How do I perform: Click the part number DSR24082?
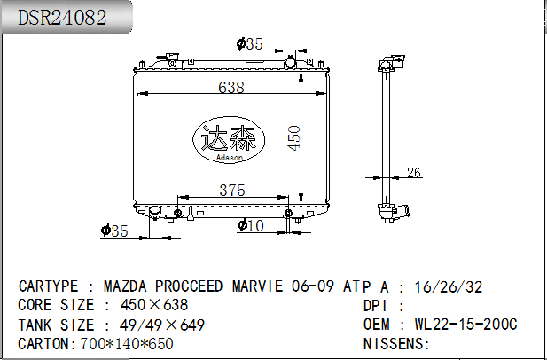pos(62,17)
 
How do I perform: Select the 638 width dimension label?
pos(231,87)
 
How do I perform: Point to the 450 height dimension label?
pos(293,138)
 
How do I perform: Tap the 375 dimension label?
pos(232,191)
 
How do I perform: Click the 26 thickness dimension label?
pos(414,172)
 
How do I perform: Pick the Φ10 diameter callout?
pos(251,226)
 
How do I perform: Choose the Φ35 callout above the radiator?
pos(249,44)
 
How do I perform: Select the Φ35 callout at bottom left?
pos(114,231)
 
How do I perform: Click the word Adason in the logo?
pos(230,158)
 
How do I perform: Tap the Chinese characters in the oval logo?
pos(229,138)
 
